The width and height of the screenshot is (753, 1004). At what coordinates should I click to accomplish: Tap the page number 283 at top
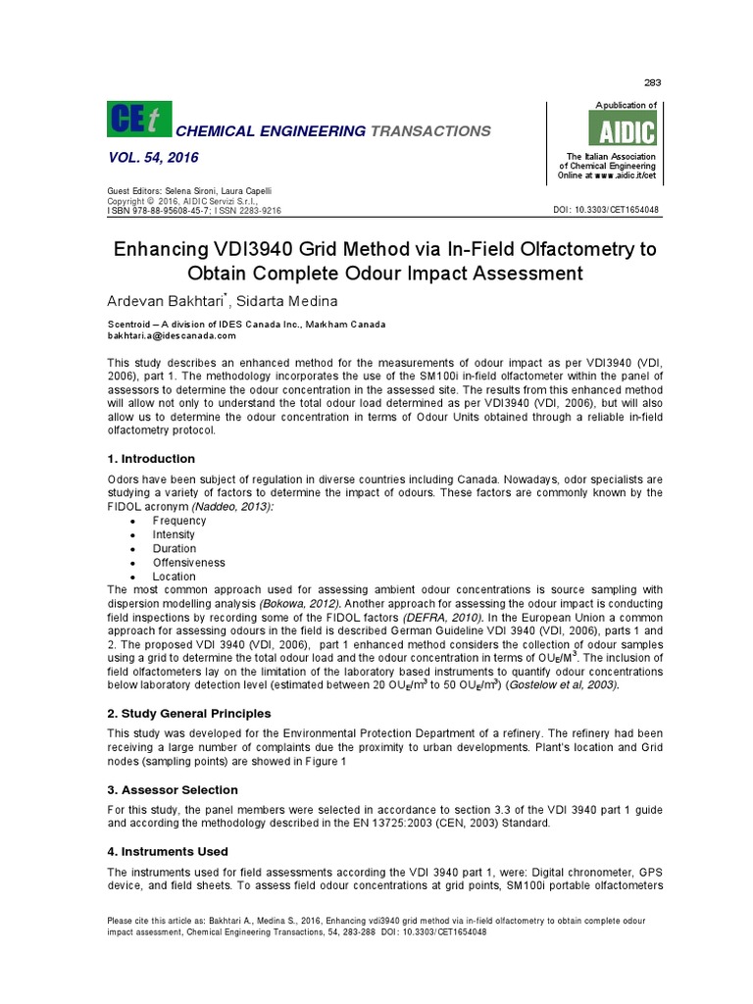click(x=650, y=81)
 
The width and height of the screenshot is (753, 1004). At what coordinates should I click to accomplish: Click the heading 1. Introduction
click(x=150, y=459)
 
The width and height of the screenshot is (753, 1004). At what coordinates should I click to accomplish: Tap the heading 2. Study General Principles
click(x=188, y=713)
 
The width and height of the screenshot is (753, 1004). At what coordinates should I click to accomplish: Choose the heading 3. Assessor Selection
click(x=172, y=789)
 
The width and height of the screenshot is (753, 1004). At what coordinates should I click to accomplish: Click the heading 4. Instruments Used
click(x=168, y=852)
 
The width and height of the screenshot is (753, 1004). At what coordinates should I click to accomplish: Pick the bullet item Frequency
click(x=179, y=522)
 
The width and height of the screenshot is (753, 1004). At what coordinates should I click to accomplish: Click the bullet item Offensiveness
click(x=188, y=563)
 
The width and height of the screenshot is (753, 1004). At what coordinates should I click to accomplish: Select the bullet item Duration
click(x=175, y=549)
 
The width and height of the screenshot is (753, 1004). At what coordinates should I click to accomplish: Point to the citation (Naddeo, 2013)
click(x=229, y=506)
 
